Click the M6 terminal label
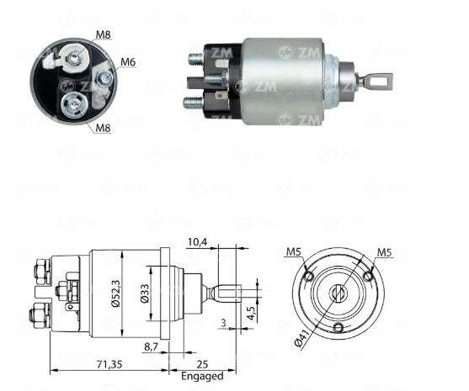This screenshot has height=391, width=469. coord(128,62)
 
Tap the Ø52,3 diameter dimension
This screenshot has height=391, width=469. coord(116,293)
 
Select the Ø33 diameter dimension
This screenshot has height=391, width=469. coord(145,293)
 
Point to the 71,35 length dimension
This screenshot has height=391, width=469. coord(109,364)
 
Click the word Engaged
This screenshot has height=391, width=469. coord(202,376)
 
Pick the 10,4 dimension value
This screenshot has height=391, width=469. coord(197,242)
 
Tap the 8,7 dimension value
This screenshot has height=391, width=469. coord(152,346)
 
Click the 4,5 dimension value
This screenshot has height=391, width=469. coord(251,314)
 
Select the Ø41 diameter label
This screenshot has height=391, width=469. coord(303,337)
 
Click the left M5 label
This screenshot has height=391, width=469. coord(293,251)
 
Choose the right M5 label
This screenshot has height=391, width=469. coord(384,252)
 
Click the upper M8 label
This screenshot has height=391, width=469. coord(104,34)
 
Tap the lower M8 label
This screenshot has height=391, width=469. coord(103,128)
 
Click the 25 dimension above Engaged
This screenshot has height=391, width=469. coord(202,364)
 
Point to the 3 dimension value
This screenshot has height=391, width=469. coord(223,323)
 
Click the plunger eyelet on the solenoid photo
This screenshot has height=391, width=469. coord(378,81)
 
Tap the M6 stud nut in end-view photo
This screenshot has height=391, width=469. coord(104,78)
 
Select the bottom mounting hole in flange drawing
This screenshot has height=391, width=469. coord(338,328)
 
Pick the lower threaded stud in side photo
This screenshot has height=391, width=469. coord(193,103)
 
